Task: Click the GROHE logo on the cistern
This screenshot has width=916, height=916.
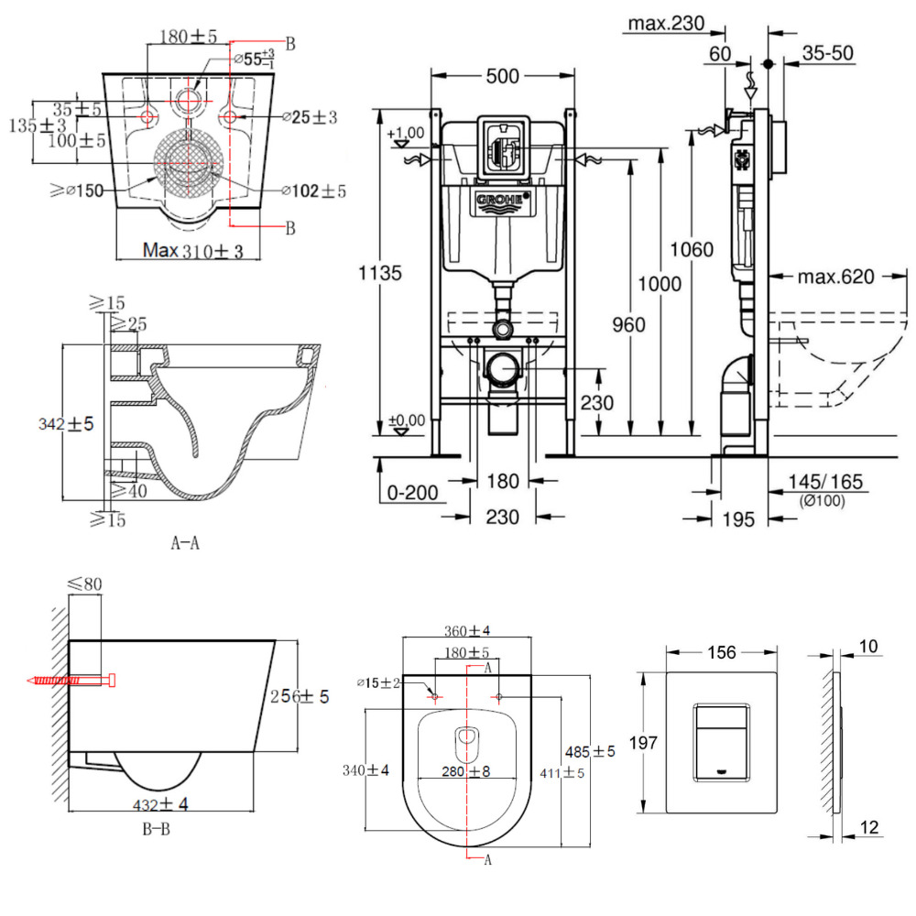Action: coord(502,200)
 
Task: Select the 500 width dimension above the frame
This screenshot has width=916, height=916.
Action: coord(503,77)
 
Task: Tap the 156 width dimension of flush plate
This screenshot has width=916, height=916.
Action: coord(722,652)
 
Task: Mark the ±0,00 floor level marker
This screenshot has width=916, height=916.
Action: coord(407,420)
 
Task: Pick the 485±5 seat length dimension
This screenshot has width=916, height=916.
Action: coord(591,751)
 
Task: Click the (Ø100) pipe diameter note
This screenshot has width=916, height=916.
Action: coord(821,500)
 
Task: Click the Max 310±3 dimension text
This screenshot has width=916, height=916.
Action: coord(193,250)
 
